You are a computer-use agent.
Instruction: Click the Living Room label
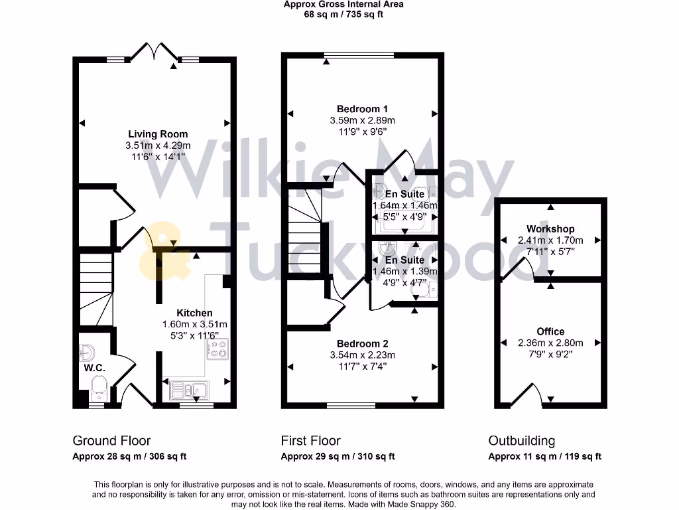[158, 134]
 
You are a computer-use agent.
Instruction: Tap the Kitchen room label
[194, 313]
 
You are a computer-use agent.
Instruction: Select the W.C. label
[94, 368]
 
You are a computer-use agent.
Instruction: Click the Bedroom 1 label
[362, 109]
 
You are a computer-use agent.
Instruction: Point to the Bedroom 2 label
[362, 343]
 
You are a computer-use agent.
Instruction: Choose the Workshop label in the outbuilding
[550, 229]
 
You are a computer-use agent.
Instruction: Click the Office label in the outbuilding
[550, 331]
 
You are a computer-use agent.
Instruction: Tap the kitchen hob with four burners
[217, 349]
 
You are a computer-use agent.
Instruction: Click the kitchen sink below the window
[189, 389]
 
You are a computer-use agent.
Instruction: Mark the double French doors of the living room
[154, 52]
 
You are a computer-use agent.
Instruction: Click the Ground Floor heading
[111, 440]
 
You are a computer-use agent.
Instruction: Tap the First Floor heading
[310, 440]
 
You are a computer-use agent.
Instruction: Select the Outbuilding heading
[521, 440]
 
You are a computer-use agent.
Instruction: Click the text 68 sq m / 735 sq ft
[343, 14]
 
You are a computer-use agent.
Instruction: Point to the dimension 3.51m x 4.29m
[158, 145]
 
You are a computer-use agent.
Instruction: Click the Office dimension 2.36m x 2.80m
[550, 343]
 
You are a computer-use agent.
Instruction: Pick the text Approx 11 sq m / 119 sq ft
[544, 456]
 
